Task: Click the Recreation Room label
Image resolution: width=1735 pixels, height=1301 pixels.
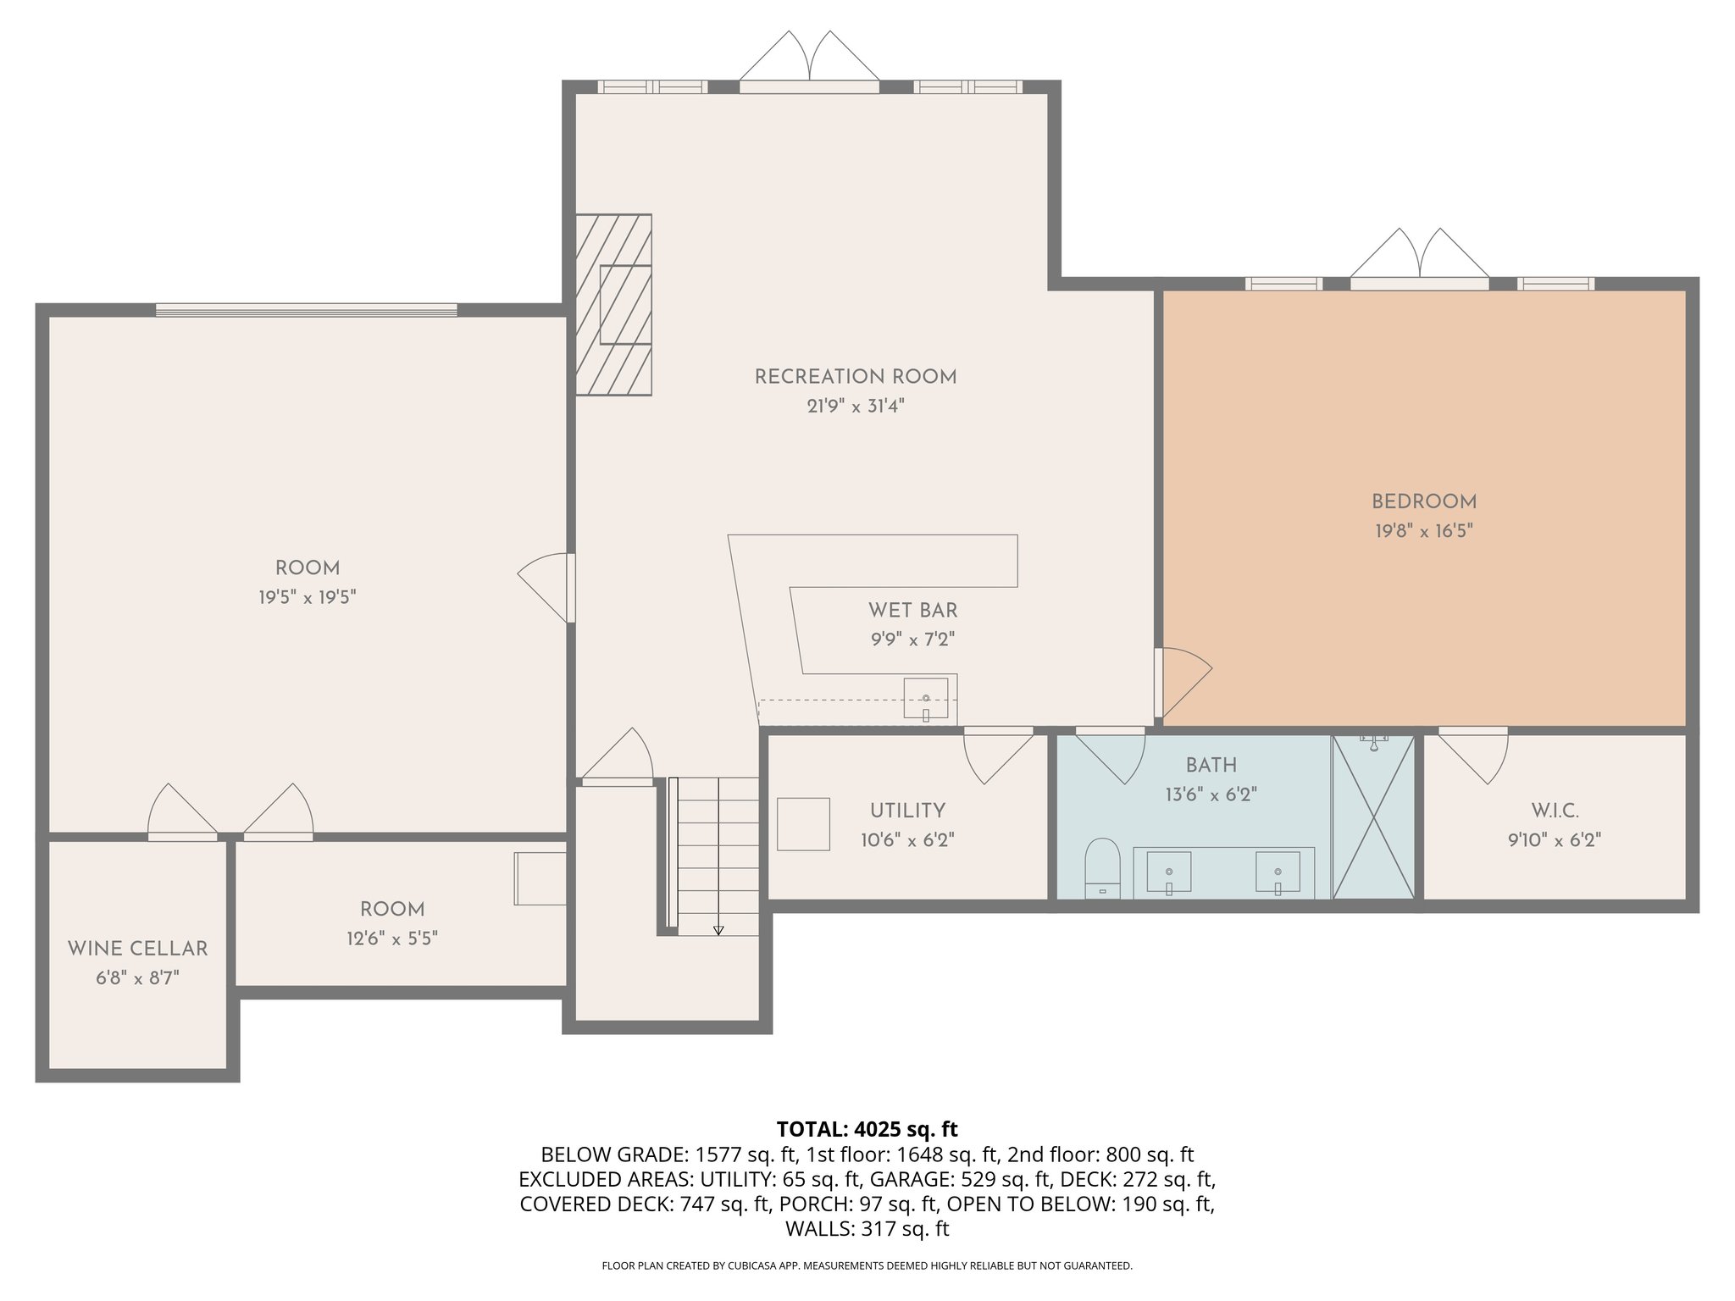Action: coord(856,377)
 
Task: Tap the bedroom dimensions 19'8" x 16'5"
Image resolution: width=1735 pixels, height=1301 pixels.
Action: coord(1423,531)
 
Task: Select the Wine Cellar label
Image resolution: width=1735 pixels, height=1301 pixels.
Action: coord(137,949)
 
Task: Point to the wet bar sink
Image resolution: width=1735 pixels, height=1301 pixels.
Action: coord(925,699)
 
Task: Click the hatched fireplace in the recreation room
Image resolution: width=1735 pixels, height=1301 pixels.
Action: coord(614,304)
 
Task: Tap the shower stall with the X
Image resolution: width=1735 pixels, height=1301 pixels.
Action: coord(1373,817)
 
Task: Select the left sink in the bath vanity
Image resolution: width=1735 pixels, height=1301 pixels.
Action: coord(1168,872)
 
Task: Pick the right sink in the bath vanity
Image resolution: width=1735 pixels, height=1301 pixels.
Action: coord(1277,872)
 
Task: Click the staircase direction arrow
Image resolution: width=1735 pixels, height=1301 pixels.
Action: coord(718,929)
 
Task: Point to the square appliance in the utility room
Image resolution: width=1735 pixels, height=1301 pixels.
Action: coord(803,823)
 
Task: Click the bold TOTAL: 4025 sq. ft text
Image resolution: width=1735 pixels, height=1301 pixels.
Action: coord(867,1129)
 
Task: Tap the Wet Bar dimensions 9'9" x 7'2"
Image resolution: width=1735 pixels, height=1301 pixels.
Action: coord(912,639)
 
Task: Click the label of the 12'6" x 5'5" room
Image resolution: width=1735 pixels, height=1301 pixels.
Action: coord(392,910)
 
